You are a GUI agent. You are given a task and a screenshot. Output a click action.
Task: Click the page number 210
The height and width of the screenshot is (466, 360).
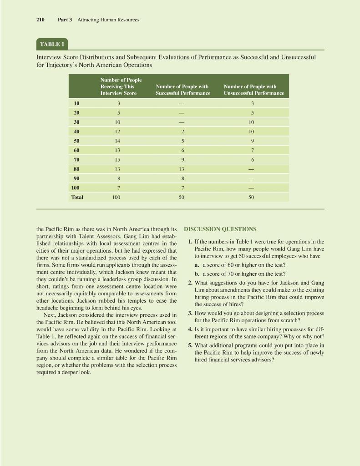pyautogui.click(x=40, y=20)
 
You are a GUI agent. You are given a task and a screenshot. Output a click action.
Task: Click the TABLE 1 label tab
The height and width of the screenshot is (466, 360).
pyautogui.click(x=51, y=45)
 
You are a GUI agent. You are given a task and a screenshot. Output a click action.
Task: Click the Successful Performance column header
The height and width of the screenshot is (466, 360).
pyautogui.click(x=183, y=90)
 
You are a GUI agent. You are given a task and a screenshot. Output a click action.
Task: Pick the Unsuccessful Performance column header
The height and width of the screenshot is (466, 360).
pyautogui.click(x=254, y=90)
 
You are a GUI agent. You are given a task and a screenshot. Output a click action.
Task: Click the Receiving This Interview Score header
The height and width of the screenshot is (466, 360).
pyautogui.click(x=118, y=86)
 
